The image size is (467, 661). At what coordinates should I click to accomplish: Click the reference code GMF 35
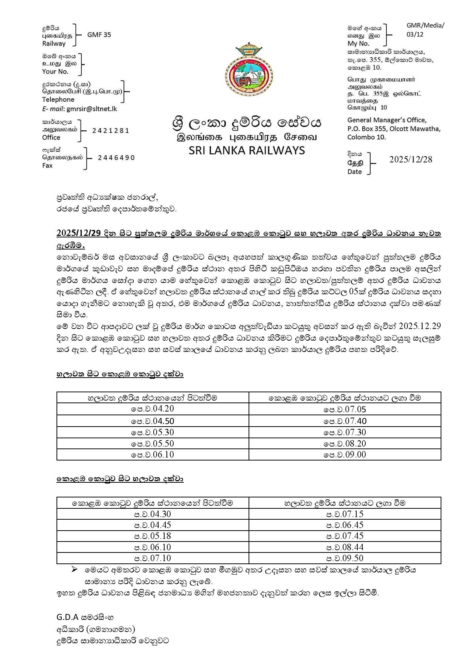99,35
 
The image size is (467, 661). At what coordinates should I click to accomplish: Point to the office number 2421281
111,130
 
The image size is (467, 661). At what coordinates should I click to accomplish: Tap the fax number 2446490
116,158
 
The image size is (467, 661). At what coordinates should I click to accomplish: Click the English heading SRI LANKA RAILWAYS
247,150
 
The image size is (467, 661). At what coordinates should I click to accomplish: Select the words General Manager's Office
387,120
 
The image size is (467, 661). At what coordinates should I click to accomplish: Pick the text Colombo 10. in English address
366,137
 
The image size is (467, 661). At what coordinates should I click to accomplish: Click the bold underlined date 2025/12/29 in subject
78,233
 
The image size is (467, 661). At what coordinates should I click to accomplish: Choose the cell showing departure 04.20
153,409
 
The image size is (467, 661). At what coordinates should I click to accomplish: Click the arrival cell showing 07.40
345,421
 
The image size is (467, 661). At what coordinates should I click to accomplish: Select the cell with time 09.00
345,454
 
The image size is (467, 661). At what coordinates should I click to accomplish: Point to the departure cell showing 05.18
153,536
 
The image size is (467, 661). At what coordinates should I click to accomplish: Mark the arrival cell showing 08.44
345,547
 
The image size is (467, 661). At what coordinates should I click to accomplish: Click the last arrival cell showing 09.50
345,558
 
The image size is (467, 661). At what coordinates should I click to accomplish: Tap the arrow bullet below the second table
74,570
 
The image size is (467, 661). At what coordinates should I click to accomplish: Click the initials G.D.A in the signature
67,617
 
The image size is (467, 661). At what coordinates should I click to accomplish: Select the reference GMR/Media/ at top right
425,26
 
